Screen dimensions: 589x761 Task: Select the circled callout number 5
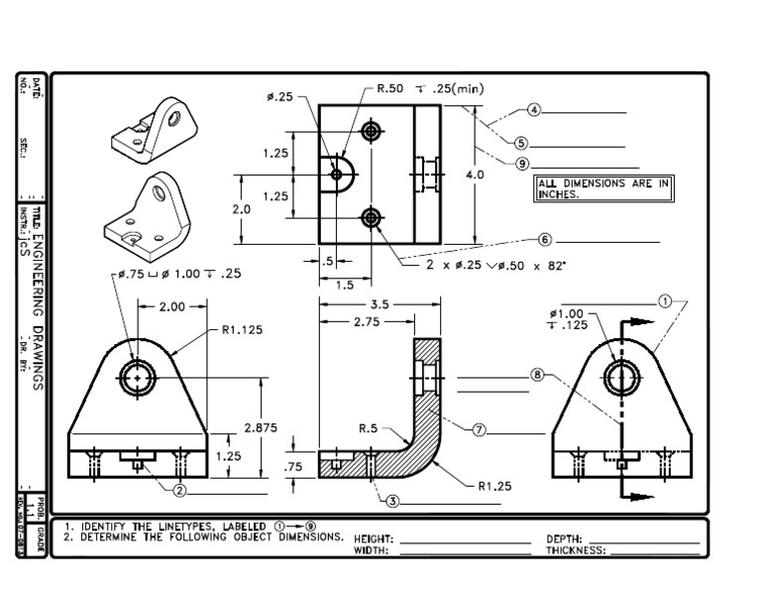pos(521,143)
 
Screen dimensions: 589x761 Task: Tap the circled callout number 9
pos(522,164)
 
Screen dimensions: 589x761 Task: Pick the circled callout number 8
pos(537,375)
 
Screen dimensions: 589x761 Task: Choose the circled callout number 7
pos(479,429)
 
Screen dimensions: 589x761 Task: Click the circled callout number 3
pos(392,501)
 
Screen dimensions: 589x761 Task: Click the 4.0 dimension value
pos(475,174)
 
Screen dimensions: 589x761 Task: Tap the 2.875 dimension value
pos(261,427)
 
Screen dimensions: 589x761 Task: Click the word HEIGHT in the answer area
pos(374,538)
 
